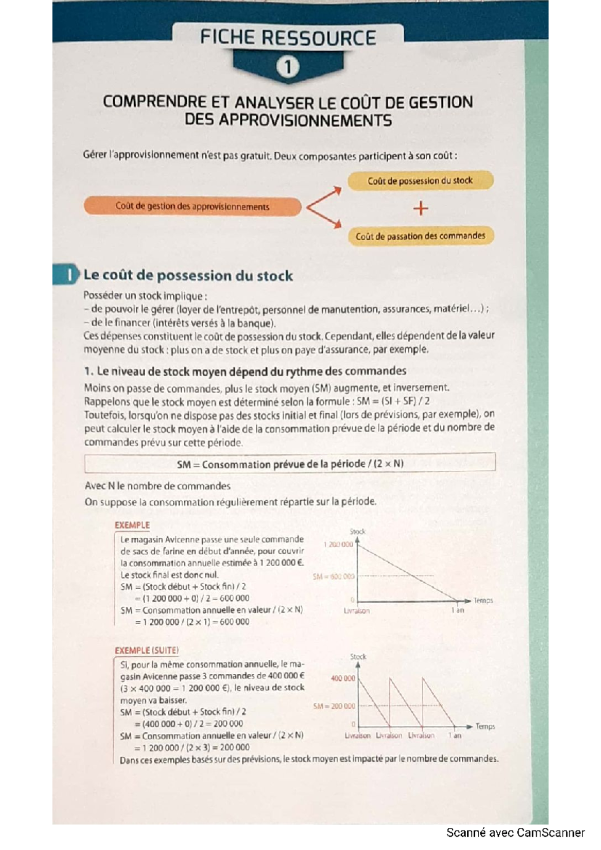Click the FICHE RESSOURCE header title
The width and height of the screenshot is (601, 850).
click(x=287, y=38)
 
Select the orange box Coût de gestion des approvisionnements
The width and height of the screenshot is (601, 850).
click(x=192, y=206)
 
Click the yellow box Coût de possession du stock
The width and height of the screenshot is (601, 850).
click(x=420, y=181)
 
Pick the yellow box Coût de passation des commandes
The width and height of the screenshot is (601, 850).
click(x=420, y=236)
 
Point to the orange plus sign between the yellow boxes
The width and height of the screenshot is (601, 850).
click(x=421, y=208)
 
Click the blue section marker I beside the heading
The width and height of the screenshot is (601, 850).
click(x=69, y=275)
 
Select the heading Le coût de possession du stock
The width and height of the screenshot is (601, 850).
click(x=188, y=275)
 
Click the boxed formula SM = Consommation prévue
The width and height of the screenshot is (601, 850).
click(x=290, y=464)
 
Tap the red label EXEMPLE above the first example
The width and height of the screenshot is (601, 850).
click(x=132, y=525)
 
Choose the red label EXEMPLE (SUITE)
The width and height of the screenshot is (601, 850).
click(x=146, y=650)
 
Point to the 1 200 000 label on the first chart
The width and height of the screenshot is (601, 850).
click(x=338, y=544)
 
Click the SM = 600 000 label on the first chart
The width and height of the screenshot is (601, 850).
click(x=333, y=576)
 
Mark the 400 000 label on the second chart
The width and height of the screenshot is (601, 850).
click(x=343, y=678)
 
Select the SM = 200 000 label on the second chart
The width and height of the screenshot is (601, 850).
click(x=334, y=706)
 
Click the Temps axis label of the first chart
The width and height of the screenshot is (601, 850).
click(x=483, y=600)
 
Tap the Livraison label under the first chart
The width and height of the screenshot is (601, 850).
click(x=357, y=611)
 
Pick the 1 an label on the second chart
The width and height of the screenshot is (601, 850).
click(x=454, y=735)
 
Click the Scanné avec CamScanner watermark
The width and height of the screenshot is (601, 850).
click(x=515, y=832)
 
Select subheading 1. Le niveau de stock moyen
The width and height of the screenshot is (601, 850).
click(x=245, y=371)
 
